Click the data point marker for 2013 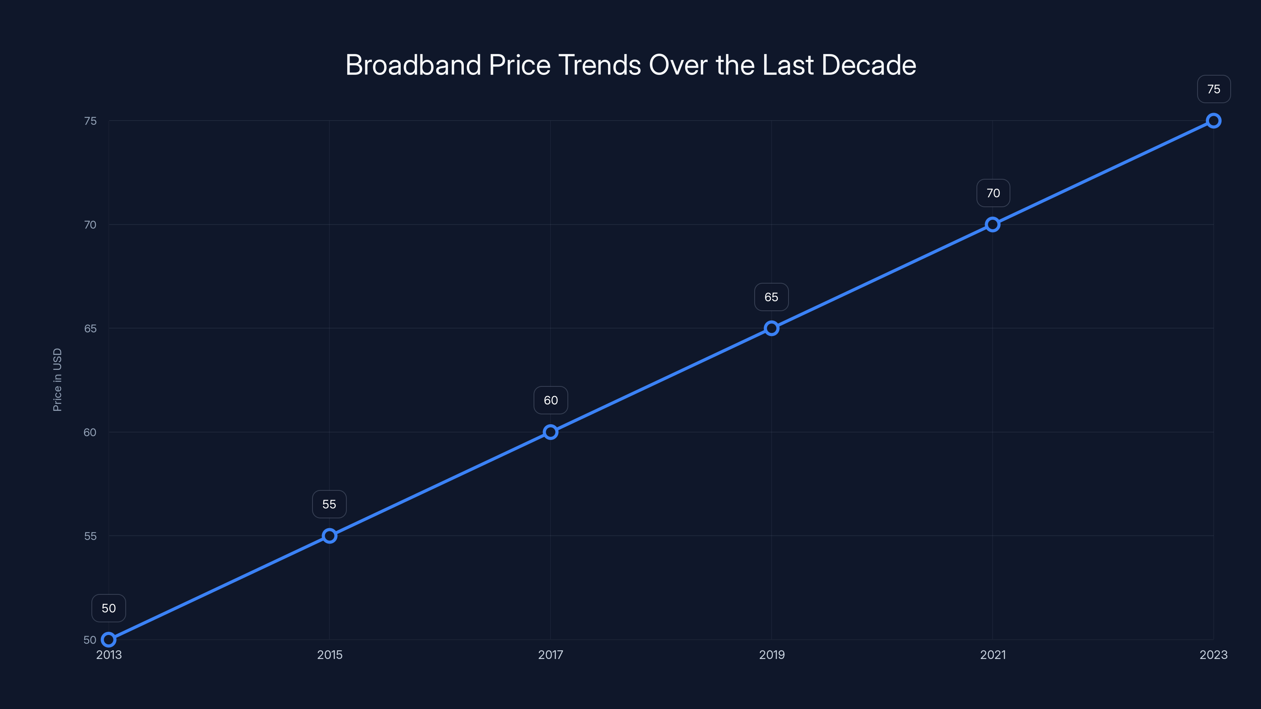(x=109, y=640)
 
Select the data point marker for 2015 (x=329, y=536)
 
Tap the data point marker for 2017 (x=551, y=432)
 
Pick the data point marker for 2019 (x=772, y=329)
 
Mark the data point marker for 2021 (x=993, y=225)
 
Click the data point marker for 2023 (x=1214, y=121)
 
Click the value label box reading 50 (x=109, y=608)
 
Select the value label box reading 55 (x=329, y=504)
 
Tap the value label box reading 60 (x=551, y=400)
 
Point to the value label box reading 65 (x=772, y=297)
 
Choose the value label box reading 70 (x=993, y=193)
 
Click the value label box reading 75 (x=1214, y=89)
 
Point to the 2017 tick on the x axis (x=551, y=655)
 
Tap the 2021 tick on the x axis (x=993, y=655)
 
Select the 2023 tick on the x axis (x=1214, y=655)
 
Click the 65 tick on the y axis (x=91, y=329)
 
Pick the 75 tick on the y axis (x=91, y=121)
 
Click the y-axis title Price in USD (x=57, y=380)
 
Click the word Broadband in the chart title (x=413, y=65)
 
